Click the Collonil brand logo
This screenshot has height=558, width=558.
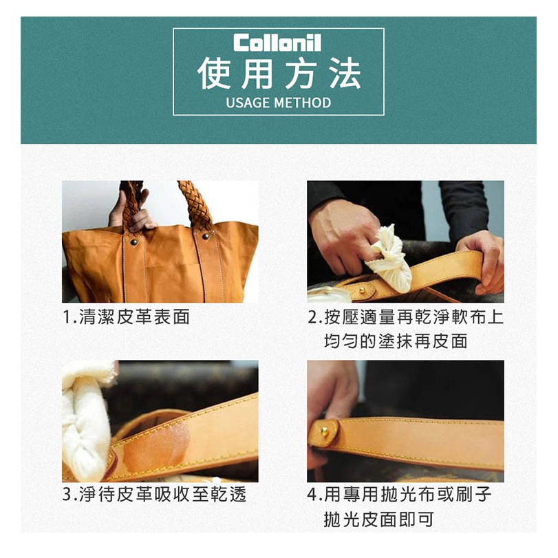click(277, 43)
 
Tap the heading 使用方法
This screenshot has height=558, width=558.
click(279, 74)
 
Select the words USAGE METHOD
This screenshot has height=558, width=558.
click(279, 103)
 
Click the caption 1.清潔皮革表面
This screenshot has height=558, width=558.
click(126, 316)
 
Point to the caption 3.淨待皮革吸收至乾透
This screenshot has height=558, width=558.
click(154, 494)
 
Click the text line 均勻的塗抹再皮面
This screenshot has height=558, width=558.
click(396, 341)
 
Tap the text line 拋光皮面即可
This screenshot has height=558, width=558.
click(378, 519)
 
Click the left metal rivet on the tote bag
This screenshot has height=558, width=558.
click(133, 242)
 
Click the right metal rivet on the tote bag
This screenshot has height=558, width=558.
click(206, 236)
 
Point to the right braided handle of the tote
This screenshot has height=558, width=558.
click(195, 205)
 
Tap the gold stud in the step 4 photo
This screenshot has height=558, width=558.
click(324, 431)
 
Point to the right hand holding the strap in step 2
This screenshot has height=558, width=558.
click(482, 261)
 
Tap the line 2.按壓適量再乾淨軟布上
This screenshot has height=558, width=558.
click(406, 316)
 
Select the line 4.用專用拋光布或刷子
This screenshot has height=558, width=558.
click(399, 494)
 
